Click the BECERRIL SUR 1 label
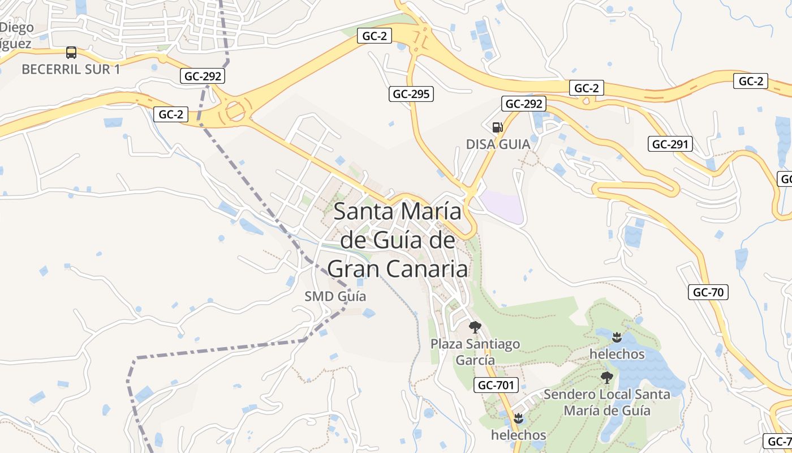71,69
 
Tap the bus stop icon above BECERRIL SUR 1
71,53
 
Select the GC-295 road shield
411,94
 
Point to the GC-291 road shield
670,144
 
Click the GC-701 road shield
496,385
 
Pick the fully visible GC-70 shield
708,292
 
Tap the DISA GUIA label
498,144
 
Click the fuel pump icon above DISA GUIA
497,127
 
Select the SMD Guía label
335,296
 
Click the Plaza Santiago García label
475,352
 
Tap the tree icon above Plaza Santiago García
475,327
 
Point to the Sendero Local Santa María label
606,402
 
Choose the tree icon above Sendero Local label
607,377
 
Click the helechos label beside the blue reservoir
617,354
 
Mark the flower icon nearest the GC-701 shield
518,418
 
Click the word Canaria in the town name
432,269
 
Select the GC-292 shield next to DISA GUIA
524,104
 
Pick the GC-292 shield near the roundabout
203,76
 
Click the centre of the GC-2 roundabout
235,111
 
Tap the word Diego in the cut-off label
17,27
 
